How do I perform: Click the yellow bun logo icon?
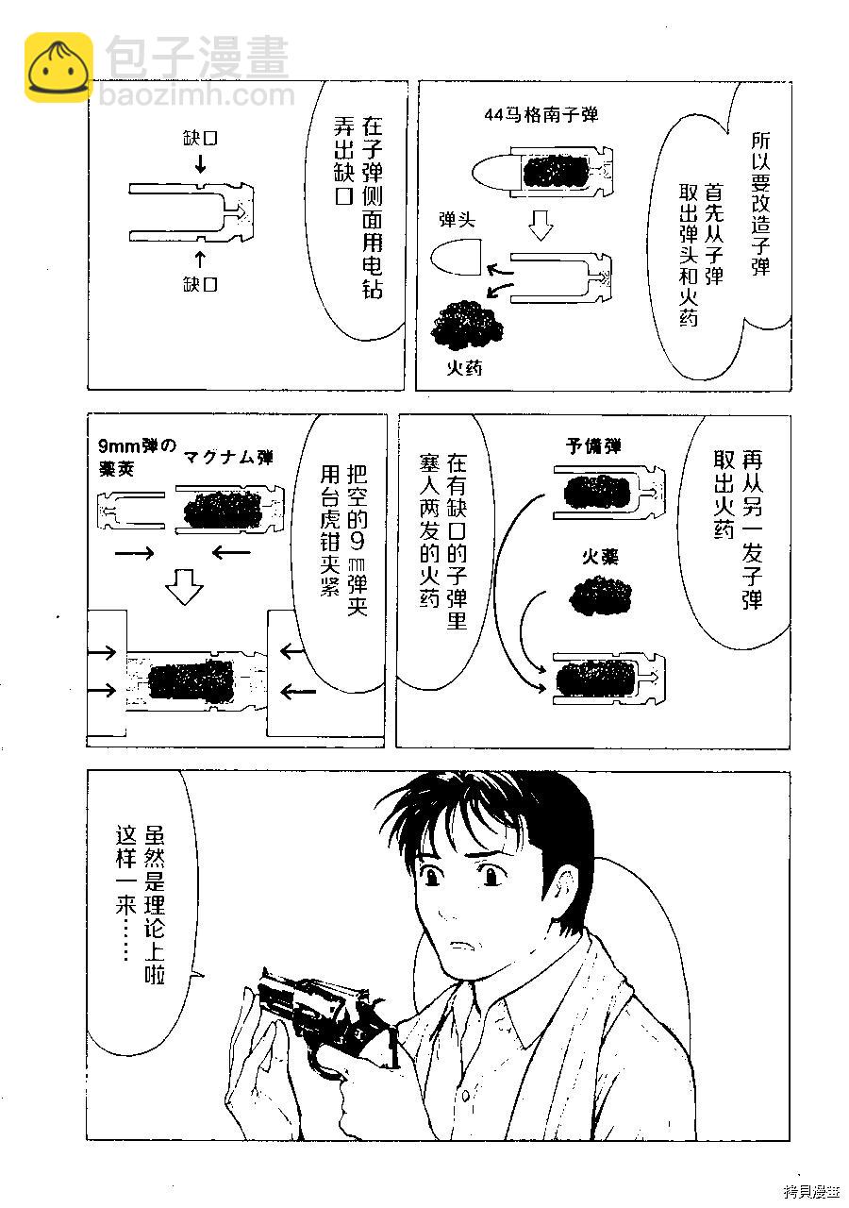58,66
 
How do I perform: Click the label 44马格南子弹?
541,115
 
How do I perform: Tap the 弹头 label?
457,220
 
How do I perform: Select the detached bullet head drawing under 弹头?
456,258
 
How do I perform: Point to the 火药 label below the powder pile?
463,368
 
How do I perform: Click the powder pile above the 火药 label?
466,326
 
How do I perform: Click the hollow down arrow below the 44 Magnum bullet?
541,225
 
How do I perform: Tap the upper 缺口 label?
199,139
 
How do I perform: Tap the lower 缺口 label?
199,284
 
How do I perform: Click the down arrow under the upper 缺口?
201,163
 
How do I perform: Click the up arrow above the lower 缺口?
201,260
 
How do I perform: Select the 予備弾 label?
593,446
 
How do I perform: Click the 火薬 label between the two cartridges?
599,557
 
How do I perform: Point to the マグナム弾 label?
228,458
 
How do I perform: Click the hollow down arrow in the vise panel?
184,586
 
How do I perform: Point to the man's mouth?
462,946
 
